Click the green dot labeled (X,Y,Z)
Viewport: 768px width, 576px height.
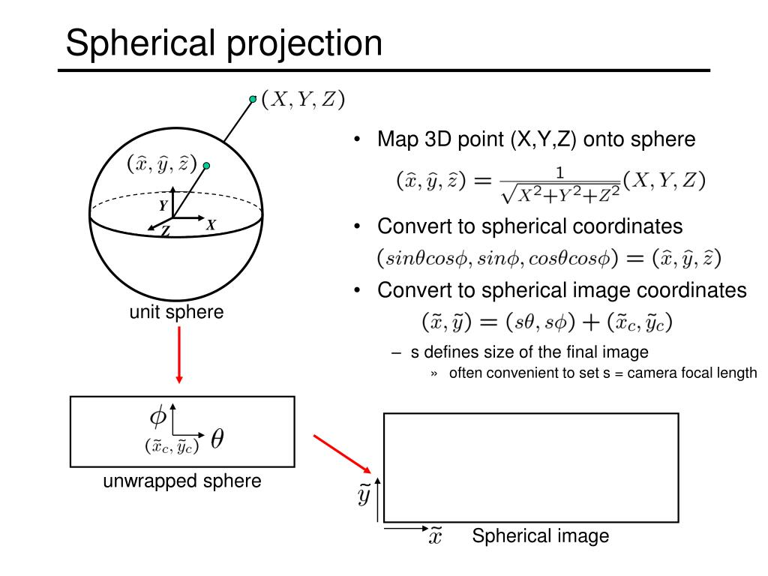tap(253, 98)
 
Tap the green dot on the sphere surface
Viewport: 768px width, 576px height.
tap(206, 166)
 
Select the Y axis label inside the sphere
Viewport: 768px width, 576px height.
tap(163, 204)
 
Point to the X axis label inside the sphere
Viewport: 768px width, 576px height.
tap(211, 223)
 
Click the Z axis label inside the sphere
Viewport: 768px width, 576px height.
tap(165, 232)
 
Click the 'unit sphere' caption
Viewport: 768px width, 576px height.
tap(176, 312)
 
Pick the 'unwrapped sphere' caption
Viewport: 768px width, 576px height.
tap(182, 481)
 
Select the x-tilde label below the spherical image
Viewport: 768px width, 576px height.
tap(435, 537)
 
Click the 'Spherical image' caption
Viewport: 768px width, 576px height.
tap(540, 536)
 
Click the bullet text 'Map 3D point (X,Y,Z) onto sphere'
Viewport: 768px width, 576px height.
tap(536, 139)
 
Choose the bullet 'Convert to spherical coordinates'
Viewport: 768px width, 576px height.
tap(529, 226)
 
